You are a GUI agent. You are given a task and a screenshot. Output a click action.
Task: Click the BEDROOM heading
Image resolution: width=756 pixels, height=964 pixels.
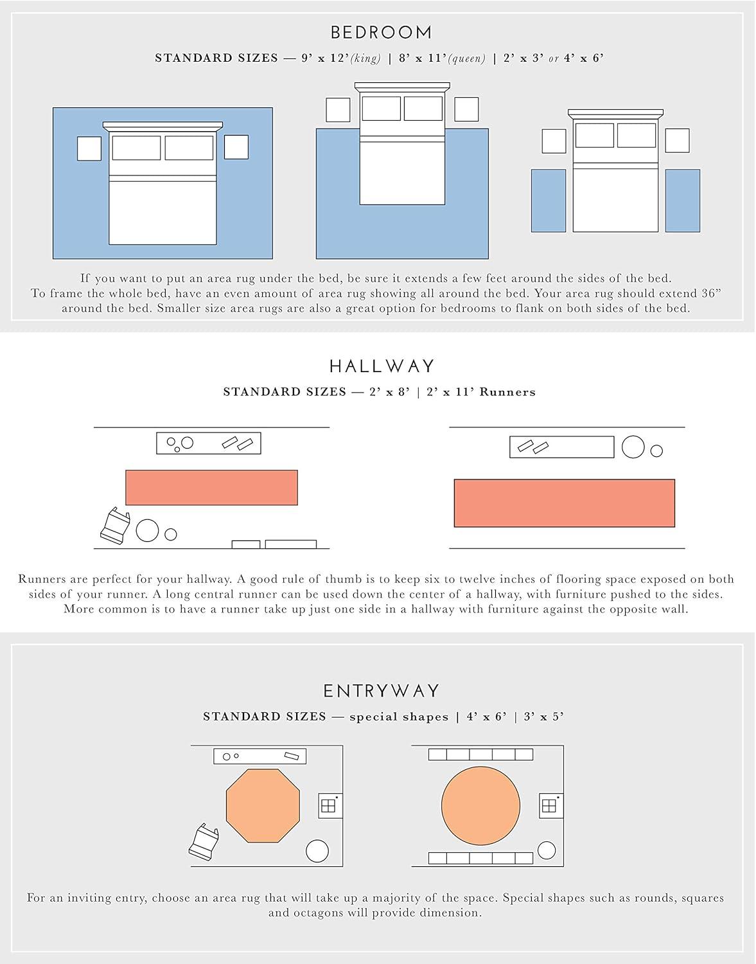[x=381, y=32]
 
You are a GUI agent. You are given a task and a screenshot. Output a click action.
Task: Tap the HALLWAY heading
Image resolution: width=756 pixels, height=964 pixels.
[x=382, y=366]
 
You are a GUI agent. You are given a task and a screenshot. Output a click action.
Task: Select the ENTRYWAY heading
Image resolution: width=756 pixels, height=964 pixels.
[x=382, y=691]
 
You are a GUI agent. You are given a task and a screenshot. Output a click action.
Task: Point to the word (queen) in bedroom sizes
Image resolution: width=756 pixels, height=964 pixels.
[x=467, y=58]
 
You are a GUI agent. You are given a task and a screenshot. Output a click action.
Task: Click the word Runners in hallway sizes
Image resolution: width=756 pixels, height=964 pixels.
[x=507, y=392]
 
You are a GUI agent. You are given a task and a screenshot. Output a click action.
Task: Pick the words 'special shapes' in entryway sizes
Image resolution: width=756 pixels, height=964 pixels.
[x=399, y=717]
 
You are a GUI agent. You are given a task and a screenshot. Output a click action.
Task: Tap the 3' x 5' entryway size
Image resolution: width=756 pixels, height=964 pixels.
[x=543, y=717]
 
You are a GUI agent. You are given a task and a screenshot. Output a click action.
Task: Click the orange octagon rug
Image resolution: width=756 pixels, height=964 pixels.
[x=263, y=806]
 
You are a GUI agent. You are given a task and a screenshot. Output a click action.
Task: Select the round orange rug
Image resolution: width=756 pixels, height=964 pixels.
[x=480, y=806]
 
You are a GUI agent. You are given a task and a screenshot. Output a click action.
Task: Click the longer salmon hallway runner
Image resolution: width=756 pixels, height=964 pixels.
[x=565, y=503]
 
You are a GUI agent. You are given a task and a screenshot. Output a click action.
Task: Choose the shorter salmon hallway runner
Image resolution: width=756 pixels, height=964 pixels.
[x=211, y=488]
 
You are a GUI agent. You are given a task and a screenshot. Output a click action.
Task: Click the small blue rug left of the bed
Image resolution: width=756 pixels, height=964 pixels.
[x=549, y=201]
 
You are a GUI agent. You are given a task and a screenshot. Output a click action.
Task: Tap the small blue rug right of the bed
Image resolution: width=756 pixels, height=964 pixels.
[x=683, y=201]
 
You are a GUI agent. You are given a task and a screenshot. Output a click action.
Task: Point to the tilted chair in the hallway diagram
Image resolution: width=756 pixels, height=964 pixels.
[x=115, y=525]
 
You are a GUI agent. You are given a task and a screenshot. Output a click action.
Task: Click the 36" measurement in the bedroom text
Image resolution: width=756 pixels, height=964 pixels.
[x=711, y=293]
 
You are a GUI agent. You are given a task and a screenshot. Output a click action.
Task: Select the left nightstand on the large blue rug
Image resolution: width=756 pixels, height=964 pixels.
[x=89, y=148]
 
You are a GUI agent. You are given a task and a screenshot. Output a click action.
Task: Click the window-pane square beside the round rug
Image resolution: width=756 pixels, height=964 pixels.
[x=551, y=805]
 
